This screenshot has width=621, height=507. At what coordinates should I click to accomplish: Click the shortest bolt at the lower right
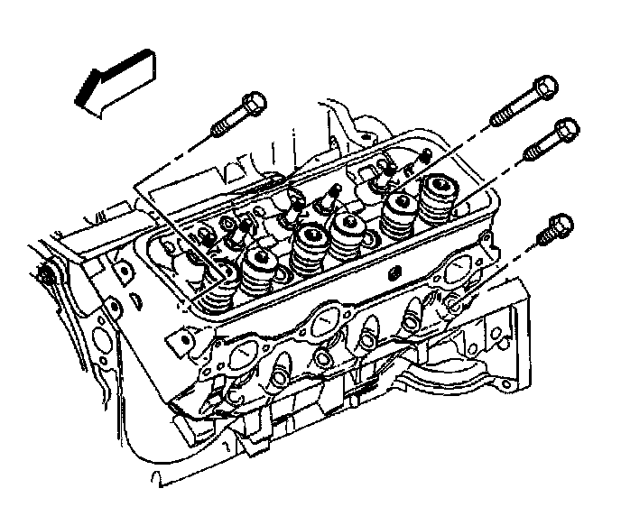coord(552,230)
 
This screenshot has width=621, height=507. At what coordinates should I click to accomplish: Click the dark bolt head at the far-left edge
coord(42,274)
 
